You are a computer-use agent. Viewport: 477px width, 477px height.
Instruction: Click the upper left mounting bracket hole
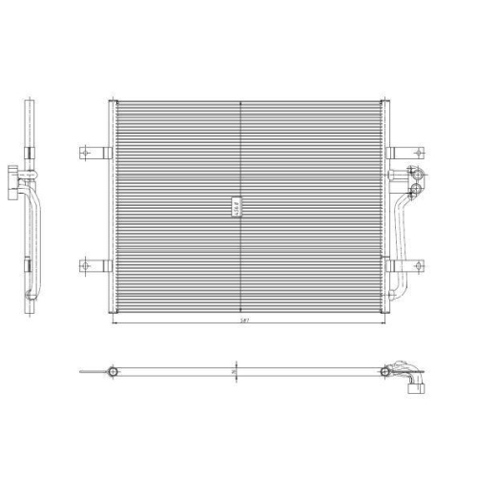pyautogui.click(x=85, y=151)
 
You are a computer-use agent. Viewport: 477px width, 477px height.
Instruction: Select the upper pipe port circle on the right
pyautogui.click(x=417, y=175)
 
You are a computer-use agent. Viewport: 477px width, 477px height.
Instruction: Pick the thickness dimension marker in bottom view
pyautogui.click(x=235, y=370)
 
